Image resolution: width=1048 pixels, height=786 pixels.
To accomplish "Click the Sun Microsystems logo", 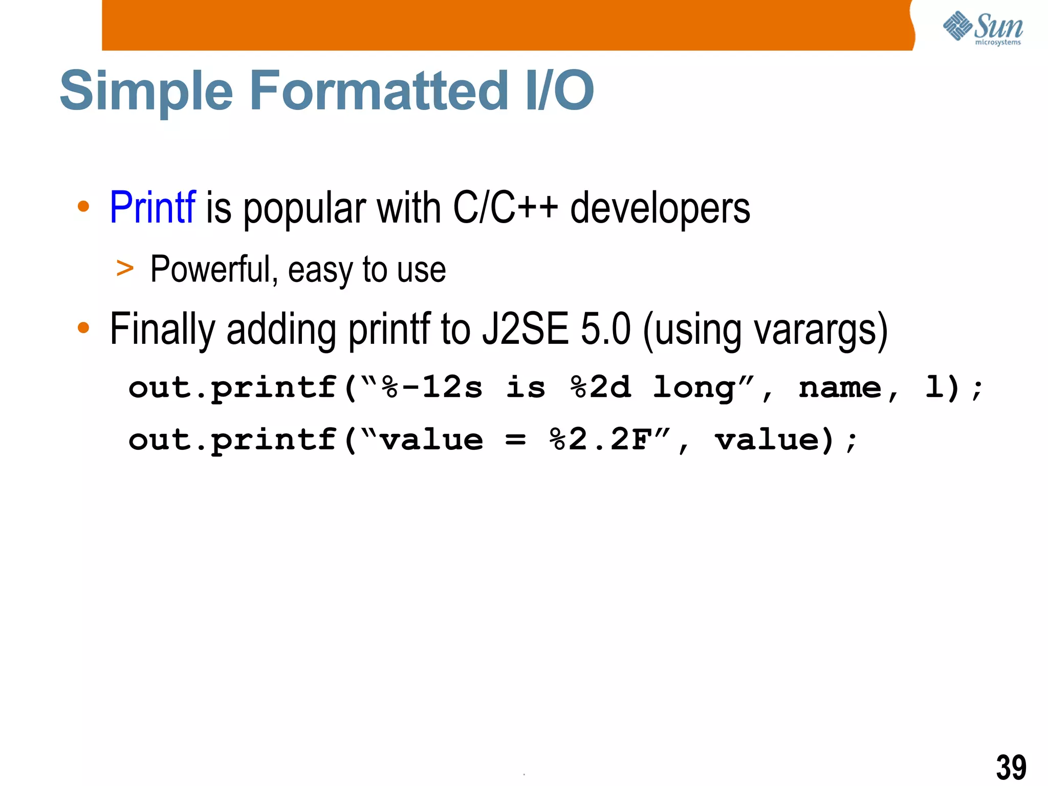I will [982, 28].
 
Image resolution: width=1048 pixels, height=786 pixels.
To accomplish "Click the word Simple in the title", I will [146, 91].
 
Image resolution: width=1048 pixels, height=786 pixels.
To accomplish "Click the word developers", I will [660, 209].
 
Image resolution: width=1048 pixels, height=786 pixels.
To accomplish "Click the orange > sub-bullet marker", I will [125, 269].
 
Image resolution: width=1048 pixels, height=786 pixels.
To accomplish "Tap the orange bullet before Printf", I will [83, 207].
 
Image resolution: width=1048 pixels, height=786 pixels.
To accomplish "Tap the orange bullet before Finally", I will [83, 327].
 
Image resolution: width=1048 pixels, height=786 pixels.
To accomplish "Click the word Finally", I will [162, 330].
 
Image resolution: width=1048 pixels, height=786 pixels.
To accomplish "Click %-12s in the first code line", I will [431, 387].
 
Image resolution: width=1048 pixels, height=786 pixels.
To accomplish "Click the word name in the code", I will [840, 387].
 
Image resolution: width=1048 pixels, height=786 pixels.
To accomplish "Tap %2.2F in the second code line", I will [601, 440].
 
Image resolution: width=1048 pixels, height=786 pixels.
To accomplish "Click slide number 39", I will [1011, 767].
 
